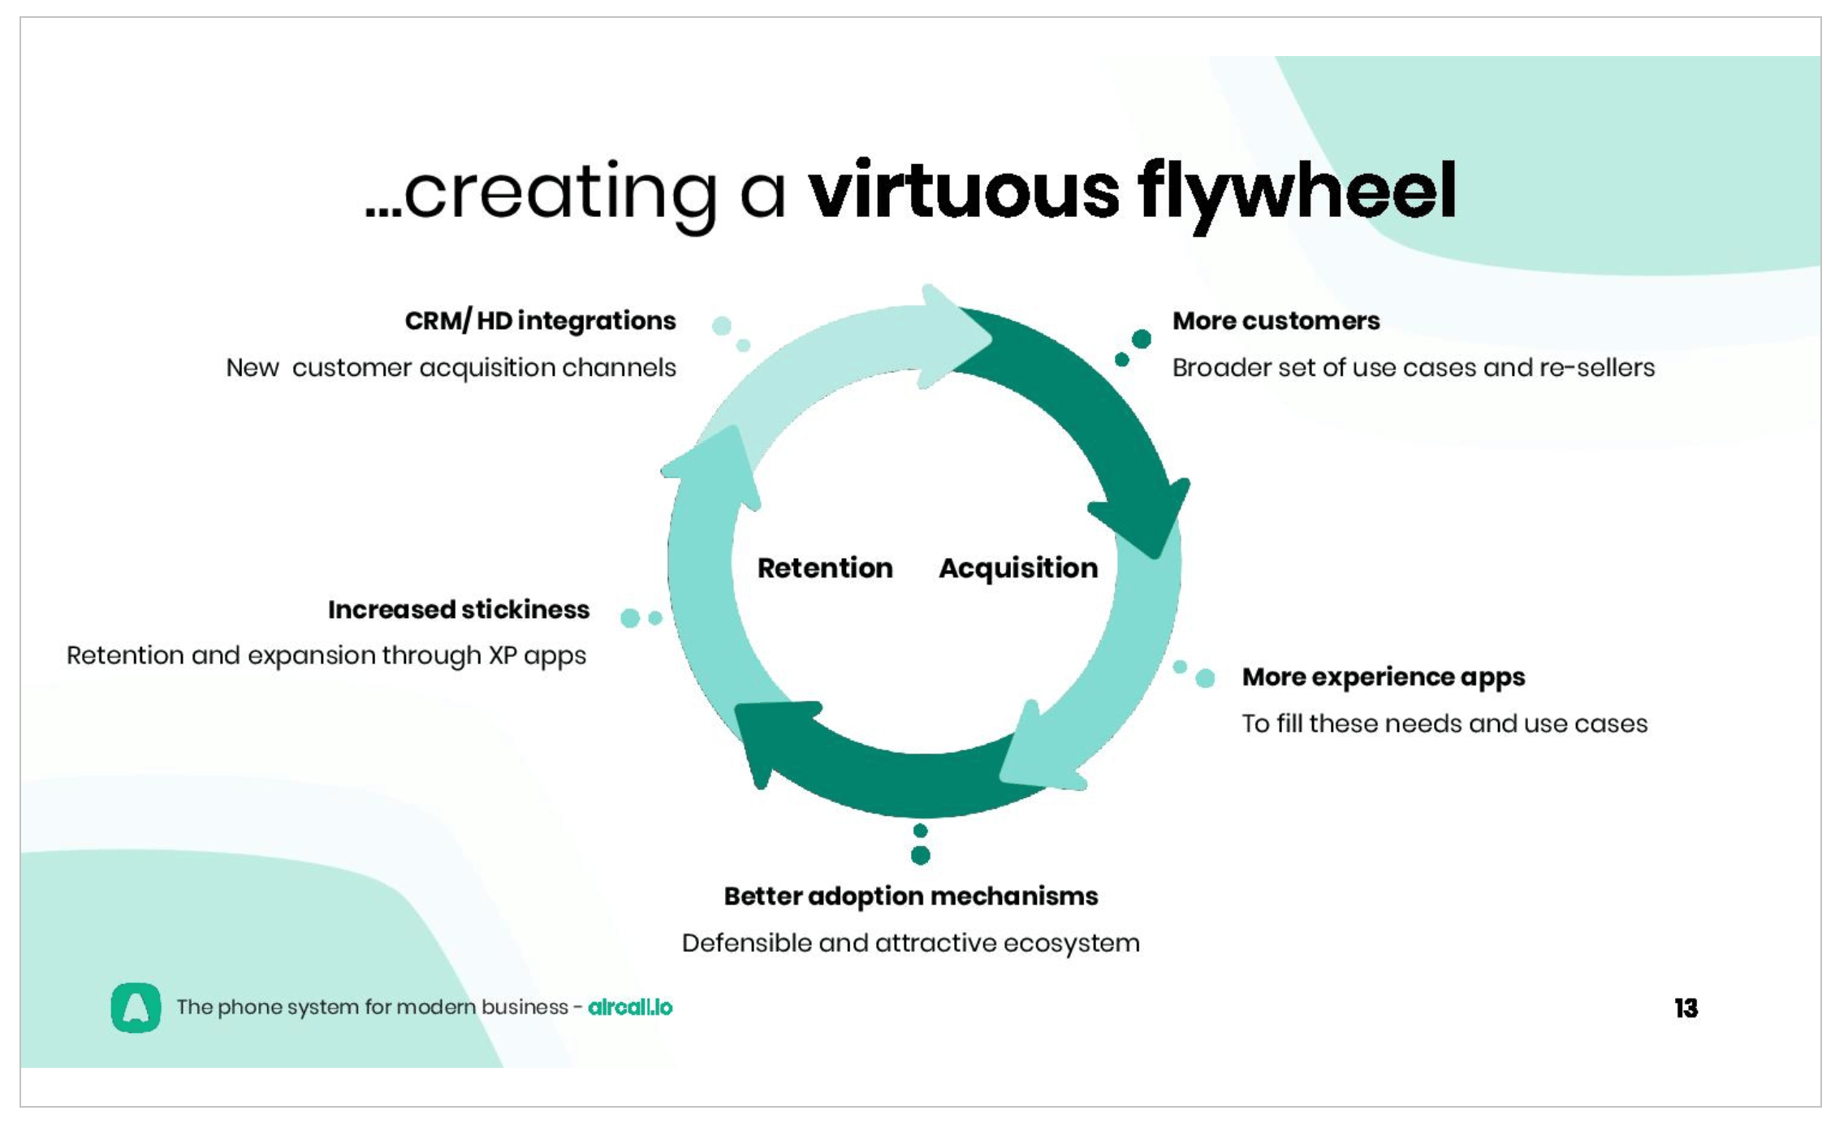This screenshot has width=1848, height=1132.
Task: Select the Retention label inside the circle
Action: [x=825, y=568]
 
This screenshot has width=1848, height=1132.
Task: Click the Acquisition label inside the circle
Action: [x=1018, y=568]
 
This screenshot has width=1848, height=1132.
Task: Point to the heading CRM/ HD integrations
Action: [x=540, y=321]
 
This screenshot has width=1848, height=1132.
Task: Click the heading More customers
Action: [x=1276, y=321]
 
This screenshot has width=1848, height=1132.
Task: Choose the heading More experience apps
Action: [x=1384, y=677]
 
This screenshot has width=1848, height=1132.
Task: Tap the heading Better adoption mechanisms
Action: [x=911, y=897]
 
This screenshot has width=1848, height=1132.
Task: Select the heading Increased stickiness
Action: [x=459, y=610]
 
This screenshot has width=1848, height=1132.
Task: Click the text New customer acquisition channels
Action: [x=451, y=368]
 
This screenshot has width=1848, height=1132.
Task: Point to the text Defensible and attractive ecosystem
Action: [x=911, y=943]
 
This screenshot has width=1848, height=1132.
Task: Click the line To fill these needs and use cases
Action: [x=1444, y=724]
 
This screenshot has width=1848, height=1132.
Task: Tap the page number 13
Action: [x=1686, y=1008]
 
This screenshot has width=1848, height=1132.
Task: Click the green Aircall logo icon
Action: [x=136, y=1008]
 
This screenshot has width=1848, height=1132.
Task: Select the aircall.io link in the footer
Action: [x=630, y=1008]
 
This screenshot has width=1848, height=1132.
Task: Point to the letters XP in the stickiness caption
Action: [x=502, y=655]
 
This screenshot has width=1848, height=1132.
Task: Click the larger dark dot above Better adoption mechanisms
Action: [x=921, y=855]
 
